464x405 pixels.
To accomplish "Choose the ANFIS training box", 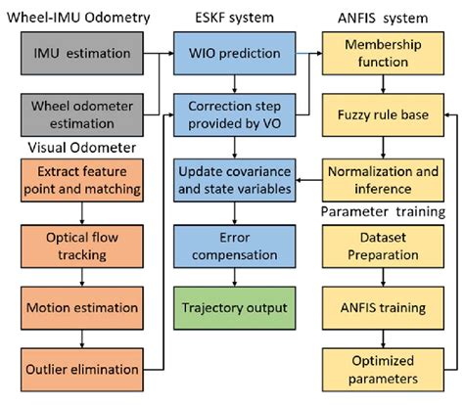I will tap(384, 308).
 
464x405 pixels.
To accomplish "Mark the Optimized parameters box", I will tap(384, 370).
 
